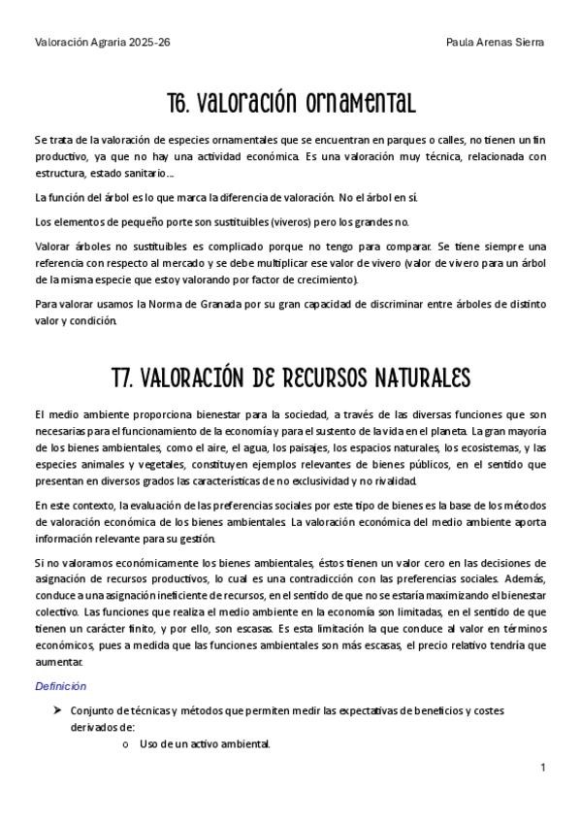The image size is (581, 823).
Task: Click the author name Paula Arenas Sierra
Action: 495,43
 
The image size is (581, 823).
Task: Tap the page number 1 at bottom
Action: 543,768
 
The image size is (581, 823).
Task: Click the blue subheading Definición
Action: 61,686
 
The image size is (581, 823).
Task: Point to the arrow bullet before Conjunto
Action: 57,710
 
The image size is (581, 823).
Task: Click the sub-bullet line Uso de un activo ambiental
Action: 205,744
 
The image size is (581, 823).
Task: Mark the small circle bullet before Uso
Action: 126,745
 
